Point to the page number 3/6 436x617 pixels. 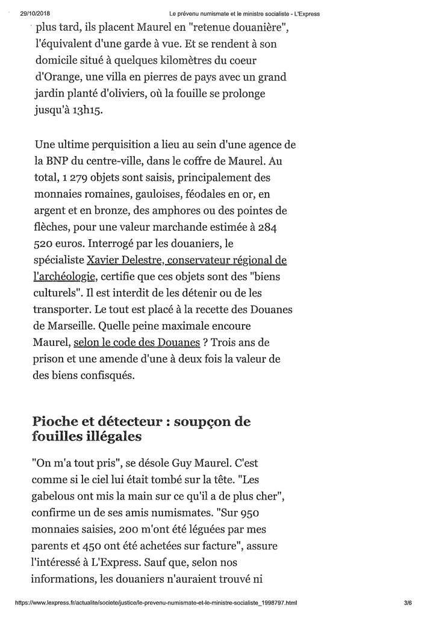pos(407,603)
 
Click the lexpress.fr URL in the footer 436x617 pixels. pos(155,603)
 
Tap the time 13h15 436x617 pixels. pos(86,111)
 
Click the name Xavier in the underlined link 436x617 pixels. pos(105,260)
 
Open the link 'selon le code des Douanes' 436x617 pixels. pos(137,342)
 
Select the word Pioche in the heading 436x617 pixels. pos(57,421)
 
